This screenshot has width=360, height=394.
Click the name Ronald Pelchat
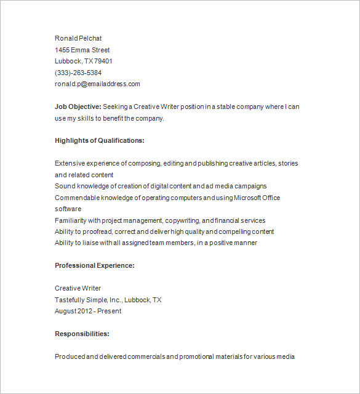click(78, 38)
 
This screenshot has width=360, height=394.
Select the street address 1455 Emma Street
click(82, 50)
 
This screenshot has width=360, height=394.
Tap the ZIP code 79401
click(103, 61)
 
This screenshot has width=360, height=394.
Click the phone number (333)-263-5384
click(78, 73)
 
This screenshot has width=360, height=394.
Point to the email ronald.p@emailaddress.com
click(97, 84)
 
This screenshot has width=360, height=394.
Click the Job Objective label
click(78, 107)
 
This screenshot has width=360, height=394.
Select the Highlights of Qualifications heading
click(99, 140)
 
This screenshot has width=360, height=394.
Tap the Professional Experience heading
click(94, 265)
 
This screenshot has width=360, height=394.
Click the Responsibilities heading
click(82, 334)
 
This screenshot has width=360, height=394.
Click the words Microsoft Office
click(258, 198)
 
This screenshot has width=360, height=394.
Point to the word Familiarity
click(70, 220)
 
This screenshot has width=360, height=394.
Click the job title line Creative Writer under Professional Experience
click(78, 288)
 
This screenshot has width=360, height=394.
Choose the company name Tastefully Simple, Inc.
click(89, 300)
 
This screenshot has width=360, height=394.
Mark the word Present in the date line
click(110, 311)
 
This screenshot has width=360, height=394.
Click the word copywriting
click(182, 220)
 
